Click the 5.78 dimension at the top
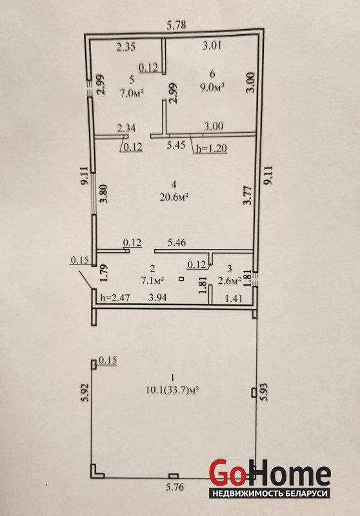pos(176,25)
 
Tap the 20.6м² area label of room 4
pos(174,197)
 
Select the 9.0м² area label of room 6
pos(212,87)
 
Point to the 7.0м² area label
pos(132,93)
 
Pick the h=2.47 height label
pos(115,298)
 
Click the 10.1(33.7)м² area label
pos(173,390)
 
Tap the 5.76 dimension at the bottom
pos(175,486)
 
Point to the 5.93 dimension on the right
pos(265,392)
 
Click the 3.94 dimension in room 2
pos(158,298)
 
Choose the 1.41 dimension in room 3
pos(234,299)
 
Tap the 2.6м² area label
pos(230,281)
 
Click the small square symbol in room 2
pos(182,279)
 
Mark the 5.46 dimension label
pos(177,243)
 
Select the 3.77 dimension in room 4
pos(248,195)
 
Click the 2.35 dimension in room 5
pos(126,47)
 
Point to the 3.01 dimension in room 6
pos(212,45)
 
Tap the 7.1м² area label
pos(153,281)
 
